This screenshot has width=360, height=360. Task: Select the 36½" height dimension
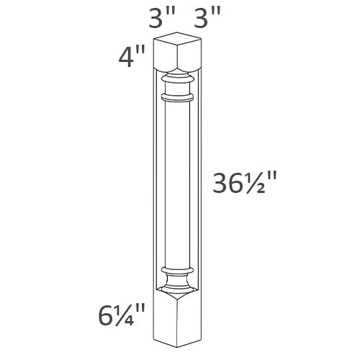pyautogui.click(x=243, y=186)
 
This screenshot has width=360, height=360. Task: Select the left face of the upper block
pyautogui.click(x=165, y=59)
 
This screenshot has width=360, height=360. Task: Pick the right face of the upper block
pyautogui.click(x=190, y=59)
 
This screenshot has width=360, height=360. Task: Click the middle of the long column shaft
pyautogui.click(x=178, y=184)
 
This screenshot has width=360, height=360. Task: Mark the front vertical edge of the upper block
pyautogui.click(x=178, y=61)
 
